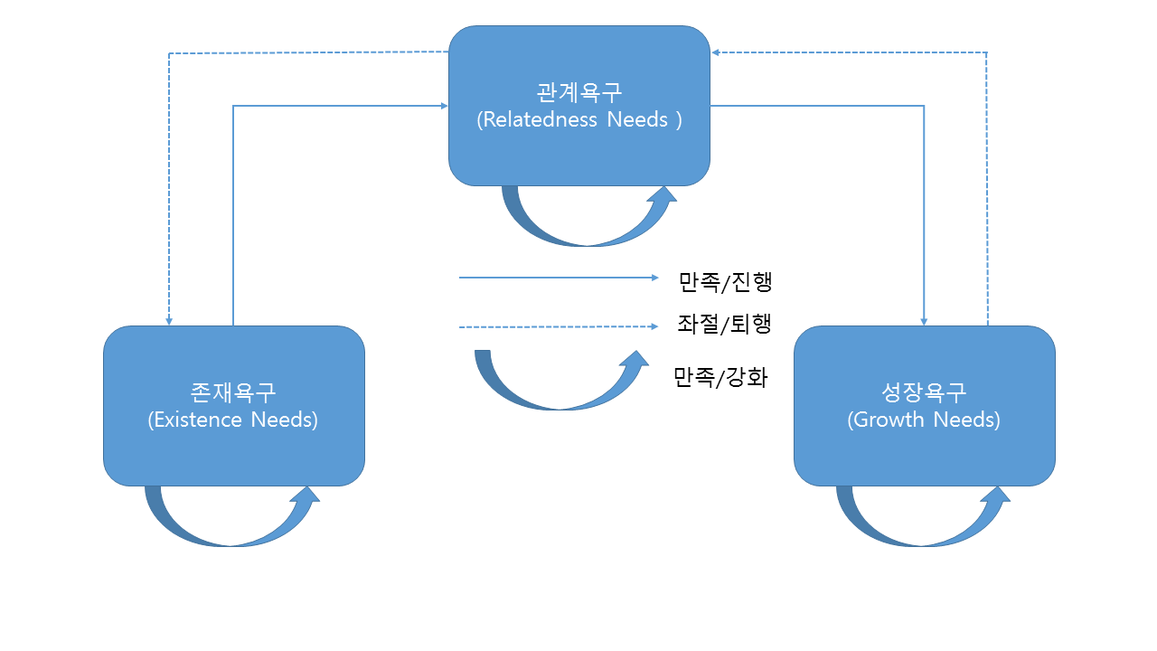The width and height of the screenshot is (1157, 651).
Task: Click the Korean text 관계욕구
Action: coord(578,93)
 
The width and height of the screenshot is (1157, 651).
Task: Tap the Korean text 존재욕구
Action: coord(233,393)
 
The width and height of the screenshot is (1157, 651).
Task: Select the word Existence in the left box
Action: coord(196,420)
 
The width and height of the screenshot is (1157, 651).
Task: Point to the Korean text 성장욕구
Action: coord(924,393)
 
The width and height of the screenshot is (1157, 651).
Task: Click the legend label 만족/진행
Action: coord(725,282)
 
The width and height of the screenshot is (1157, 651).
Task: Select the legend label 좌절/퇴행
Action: coord(724,325)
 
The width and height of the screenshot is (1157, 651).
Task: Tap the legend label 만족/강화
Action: coord(720,377)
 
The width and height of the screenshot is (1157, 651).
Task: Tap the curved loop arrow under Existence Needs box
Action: coord(231,528)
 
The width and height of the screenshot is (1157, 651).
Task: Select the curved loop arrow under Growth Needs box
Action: coord(922,528)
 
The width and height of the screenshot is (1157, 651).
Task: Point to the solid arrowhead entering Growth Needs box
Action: coord(924,321)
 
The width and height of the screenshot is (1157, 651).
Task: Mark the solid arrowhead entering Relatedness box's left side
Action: coord(444,106)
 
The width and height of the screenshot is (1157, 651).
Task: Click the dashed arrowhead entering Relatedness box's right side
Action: coord(716,52)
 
